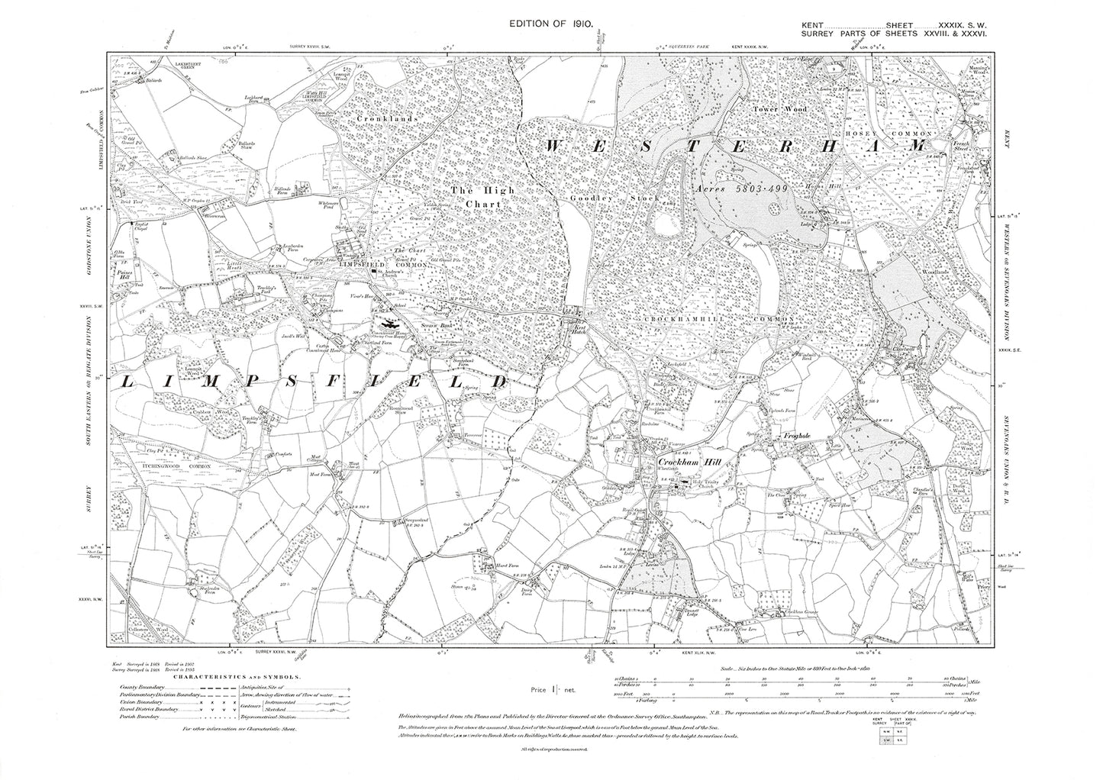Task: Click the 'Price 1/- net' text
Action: pyautogui.click(x=557, y=691)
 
